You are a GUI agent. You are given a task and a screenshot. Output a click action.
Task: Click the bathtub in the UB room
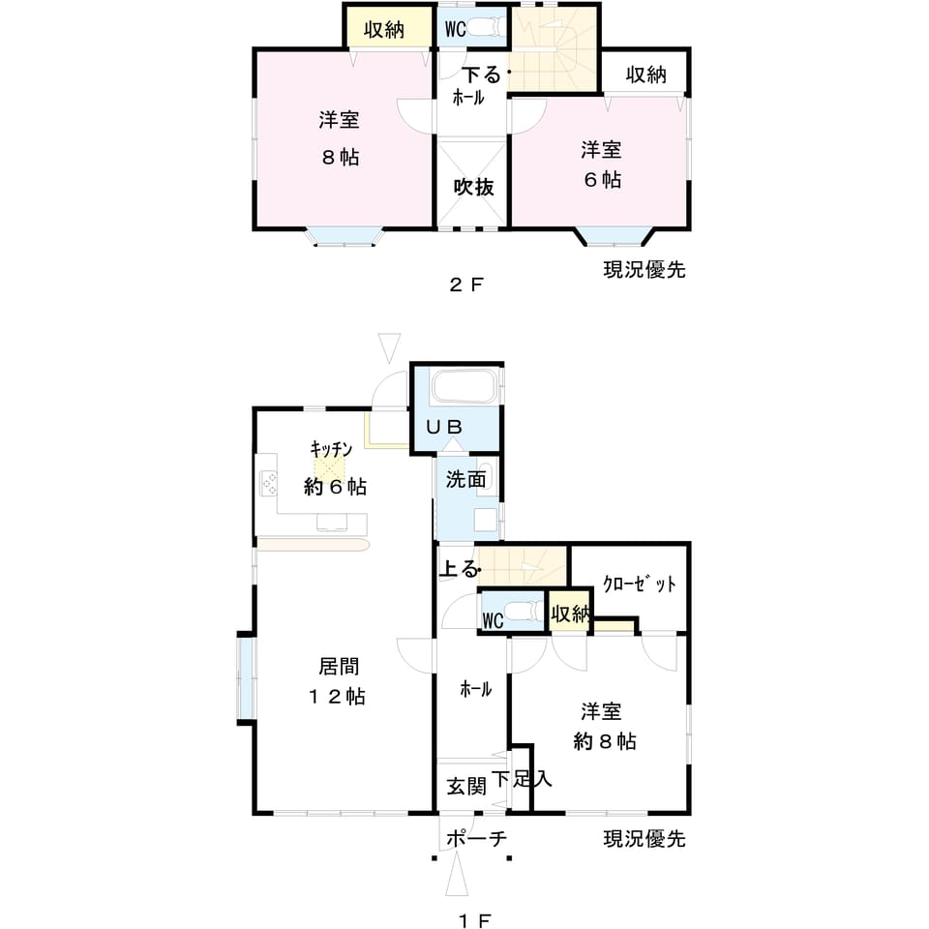[463, 387]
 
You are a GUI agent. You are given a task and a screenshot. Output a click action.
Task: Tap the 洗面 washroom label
[465, 479]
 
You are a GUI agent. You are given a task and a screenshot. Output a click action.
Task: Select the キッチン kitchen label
[331, 448]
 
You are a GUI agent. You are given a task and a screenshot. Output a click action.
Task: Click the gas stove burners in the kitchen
[270, 483]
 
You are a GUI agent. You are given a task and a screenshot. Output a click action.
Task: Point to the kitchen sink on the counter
[332, 523]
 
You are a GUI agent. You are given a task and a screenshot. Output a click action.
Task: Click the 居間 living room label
[339, 666]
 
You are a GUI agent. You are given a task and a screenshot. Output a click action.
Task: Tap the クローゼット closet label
[640, 584]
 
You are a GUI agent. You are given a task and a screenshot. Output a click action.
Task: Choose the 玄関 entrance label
[466, 786]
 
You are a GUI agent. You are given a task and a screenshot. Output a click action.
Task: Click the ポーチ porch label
[477, 838]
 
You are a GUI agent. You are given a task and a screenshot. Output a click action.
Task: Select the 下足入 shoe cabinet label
[522, 779]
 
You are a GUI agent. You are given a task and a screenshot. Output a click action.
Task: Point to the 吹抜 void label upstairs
[473, 187]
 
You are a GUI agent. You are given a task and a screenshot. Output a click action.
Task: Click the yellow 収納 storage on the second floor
[388, 28]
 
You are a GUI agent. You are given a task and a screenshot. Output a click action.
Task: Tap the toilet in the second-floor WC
[484, 27]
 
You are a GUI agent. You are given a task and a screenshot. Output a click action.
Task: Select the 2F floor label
[466, 285]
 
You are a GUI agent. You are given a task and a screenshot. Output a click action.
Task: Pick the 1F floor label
[475, 920]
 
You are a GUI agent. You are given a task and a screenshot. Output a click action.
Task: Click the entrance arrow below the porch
[457, 874]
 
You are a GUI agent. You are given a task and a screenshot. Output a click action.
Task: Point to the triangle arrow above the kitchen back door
[389, 347]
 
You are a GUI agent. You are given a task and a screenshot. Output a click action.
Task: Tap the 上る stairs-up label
[459, 569]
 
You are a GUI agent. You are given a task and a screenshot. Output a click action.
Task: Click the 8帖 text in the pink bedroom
[341, 158]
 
